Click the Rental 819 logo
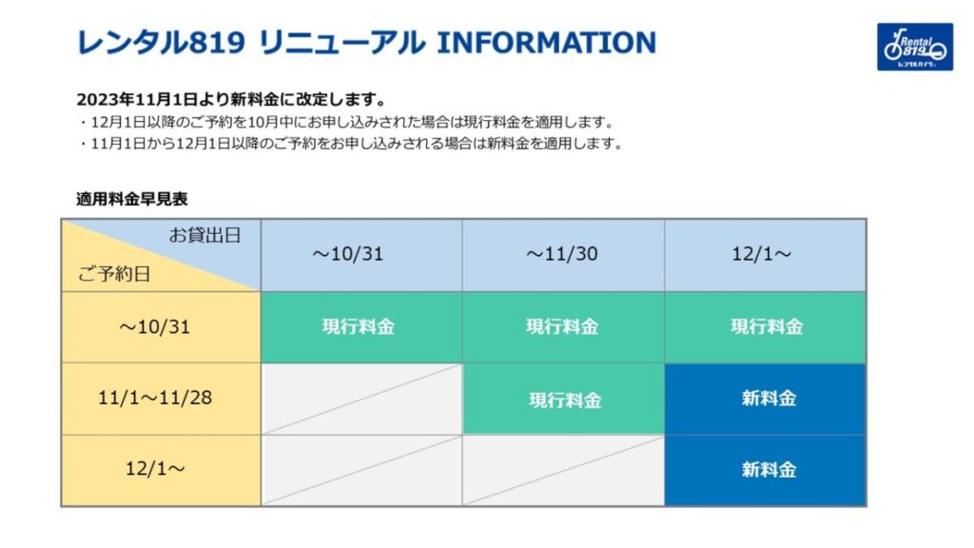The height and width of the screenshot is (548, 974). click(x=914, y=47)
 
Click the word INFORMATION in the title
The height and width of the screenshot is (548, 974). click(x=547, y=43)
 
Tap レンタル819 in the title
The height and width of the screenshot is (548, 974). click(x=160, y=43)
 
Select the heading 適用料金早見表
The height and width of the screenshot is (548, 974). click(x=131, y=199)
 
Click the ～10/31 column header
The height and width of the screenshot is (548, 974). click(x=348, y=253)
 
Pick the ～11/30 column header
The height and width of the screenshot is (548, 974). click(x=561, y=253)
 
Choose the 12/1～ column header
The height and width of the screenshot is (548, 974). click(x=762, y=253)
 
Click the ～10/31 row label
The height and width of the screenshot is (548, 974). click(x=155, y=327)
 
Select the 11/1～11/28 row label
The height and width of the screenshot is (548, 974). click(x=155, y=398)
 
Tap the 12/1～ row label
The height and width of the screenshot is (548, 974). click(x=155, y=468)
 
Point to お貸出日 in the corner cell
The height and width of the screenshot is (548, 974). click(x=205, y=235)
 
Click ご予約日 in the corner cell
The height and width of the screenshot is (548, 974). click(x=114, y=273)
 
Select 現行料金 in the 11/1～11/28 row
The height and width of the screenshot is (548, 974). click(x=565, y=401)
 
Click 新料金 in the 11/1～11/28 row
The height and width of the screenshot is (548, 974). click(x=769, y=399)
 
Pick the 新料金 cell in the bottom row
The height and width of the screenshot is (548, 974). click(x=766, y=470)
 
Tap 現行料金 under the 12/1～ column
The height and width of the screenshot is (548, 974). click(x=767, y=327)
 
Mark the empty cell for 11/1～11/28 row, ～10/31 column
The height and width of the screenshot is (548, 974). click(x=361, y=399)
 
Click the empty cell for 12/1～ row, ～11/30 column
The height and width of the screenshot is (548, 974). click(x=563, y=470)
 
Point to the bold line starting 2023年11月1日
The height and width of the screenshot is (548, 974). click(x=231, y=99)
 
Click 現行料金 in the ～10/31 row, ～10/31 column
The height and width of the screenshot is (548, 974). click(x=359, y=327)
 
